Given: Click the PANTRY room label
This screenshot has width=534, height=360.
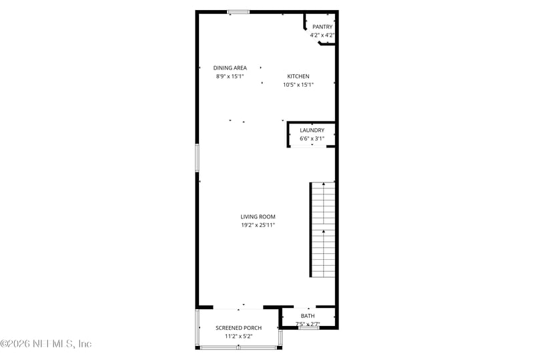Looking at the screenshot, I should coord(322,27).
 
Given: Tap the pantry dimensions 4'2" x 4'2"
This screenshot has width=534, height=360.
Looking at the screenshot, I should coord(322,35).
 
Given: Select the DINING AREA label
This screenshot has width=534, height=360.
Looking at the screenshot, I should coord(230,67).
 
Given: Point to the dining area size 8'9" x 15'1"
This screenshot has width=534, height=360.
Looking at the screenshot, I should coord(230,76).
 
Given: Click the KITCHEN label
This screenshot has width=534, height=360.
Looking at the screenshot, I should coord(298,76).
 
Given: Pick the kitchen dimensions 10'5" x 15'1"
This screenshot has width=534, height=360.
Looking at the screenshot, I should coord(298,85).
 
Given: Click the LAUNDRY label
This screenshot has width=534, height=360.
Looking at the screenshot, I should coord(312,130).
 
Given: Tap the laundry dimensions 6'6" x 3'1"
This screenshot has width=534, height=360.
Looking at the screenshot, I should coord(312,139).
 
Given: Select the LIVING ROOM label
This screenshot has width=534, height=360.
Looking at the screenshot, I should coord(258,216).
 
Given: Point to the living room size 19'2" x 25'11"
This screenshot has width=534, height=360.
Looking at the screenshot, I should coord(258,225).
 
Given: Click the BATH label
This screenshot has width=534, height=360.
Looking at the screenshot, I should coord(308,316).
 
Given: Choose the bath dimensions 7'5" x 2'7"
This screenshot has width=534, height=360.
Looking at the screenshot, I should coord(308,324).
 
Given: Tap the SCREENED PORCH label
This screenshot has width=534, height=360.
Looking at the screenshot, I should coord(238,328).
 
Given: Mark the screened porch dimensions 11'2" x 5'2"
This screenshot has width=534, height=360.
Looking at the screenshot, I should coord(238,337).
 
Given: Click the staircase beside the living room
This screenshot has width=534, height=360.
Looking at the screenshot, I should coord(323,230).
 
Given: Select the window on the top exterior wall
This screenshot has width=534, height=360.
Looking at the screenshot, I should coord(238,11).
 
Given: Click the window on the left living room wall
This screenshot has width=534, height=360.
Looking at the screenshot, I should coord(197,158).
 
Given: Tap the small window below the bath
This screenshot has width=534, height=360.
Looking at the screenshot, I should coord(308,328).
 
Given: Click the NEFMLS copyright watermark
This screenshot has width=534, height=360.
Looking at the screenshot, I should coord(46,344).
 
